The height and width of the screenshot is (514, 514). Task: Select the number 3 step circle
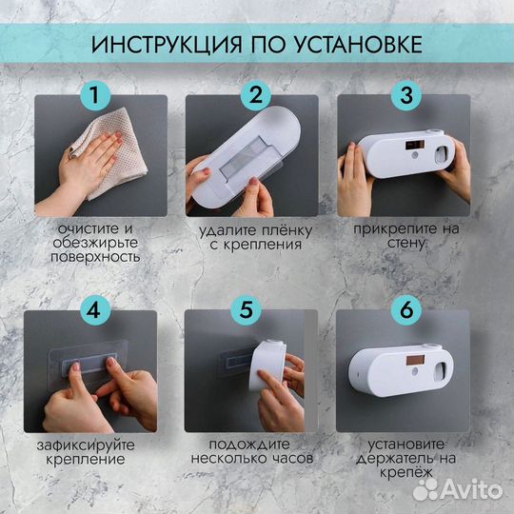405,95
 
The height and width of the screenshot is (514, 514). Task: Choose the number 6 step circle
405,309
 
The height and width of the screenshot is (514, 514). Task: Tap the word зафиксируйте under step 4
93,445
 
